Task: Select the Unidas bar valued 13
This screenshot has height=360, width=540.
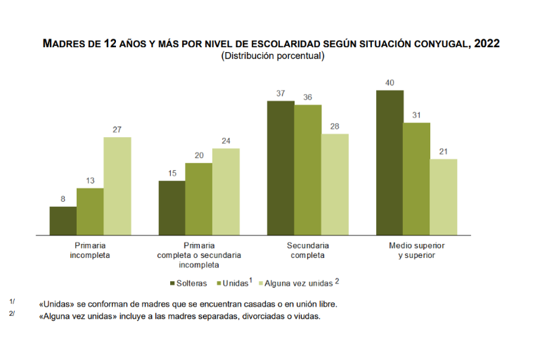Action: (90, 211)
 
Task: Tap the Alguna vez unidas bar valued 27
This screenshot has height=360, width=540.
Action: (117, 186)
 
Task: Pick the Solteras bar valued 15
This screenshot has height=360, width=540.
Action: (172, 207)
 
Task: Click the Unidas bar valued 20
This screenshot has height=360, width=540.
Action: (199, 198)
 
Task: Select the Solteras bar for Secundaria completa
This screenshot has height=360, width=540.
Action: (281, 167)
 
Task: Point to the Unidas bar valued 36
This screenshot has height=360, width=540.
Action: (308, 169)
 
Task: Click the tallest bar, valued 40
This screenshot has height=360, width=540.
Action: (390, 162)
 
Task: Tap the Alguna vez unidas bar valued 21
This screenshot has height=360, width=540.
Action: (444, 196)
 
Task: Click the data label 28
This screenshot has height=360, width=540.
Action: (335, 126)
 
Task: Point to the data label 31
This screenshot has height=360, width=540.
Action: (416, 115)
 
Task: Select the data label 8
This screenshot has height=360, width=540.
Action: (63, 199)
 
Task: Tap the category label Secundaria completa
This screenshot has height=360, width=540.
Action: (308, 250)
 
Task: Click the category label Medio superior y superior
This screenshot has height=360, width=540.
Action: (417, 250)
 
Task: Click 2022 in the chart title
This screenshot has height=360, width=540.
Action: (487, 43)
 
